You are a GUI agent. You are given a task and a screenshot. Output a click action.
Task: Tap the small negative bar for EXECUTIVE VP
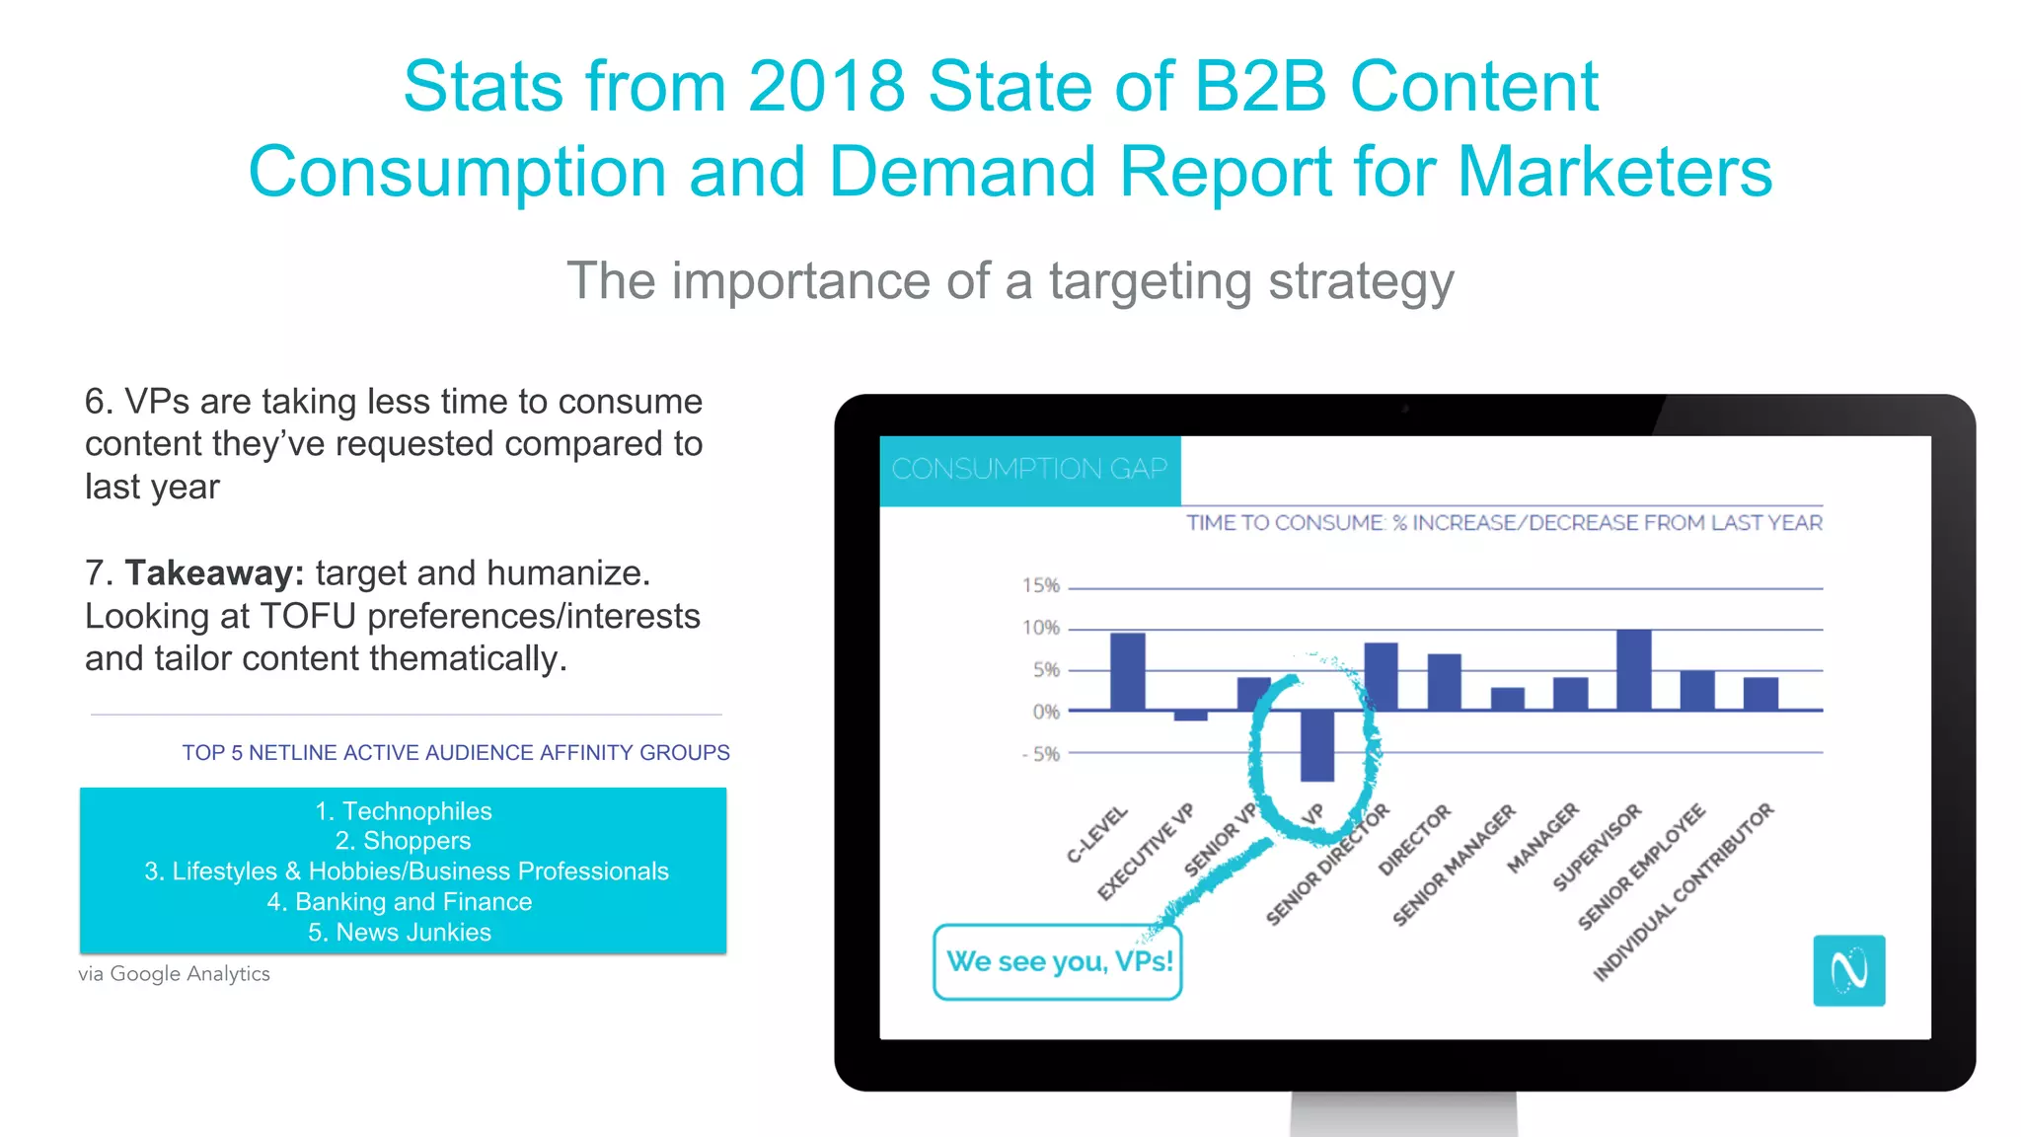1190,716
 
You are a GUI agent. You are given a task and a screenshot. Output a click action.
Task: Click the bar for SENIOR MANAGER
1507,699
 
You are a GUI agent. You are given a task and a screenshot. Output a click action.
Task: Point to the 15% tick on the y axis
1040,585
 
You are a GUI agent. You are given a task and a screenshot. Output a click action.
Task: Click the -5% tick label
1040,754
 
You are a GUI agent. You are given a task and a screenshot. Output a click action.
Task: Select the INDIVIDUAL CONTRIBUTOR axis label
1684,891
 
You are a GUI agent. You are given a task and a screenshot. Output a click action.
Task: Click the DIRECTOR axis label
1415,839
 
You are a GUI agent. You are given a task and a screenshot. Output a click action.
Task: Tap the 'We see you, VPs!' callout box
1058,961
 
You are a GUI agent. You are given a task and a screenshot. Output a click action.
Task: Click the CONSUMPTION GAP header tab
1029,469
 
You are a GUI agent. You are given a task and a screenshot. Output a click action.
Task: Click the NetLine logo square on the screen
1848,970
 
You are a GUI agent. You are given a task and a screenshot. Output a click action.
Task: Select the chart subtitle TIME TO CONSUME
1503,523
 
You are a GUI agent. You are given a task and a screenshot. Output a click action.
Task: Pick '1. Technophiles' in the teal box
403,811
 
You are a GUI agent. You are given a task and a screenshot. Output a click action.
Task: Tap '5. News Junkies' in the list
399,933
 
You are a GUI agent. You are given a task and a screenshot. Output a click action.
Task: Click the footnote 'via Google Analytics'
175,974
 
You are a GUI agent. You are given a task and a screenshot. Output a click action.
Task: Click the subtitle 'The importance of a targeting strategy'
1010,281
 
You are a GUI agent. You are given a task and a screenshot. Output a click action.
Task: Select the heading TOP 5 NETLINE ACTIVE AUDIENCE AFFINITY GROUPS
455,753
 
